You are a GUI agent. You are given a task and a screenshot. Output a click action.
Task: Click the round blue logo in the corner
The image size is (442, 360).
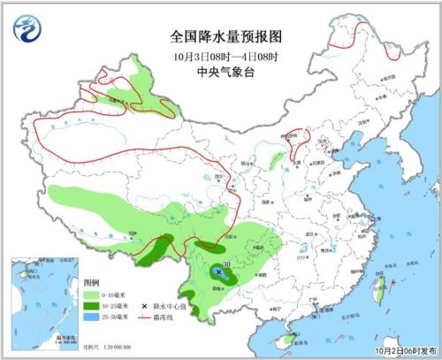(26, 28)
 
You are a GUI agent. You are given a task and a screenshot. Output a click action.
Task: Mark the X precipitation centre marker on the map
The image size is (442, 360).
(217, 272)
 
